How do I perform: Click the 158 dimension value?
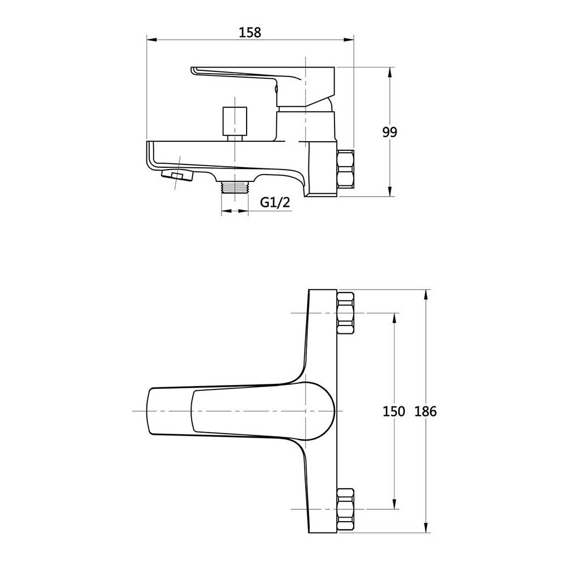pos(249,32)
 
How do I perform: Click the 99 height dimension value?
pos(390,132)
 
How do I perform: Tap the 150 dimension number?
pos(393,412)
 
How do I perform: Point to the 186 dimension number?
pos(426,412)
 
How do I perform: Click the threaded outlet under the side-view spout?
pos(235,188)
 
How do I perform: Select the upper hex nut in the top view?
pos(345,313)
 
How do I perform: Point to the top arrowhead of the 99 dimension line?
pos(390,70)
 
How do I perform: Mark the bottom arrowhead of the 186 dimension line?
pos(426,530)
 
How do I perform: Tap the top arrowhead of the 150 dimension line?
pos(394,316)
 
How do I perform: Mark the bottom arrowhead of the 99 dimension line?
pos(390,193)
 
